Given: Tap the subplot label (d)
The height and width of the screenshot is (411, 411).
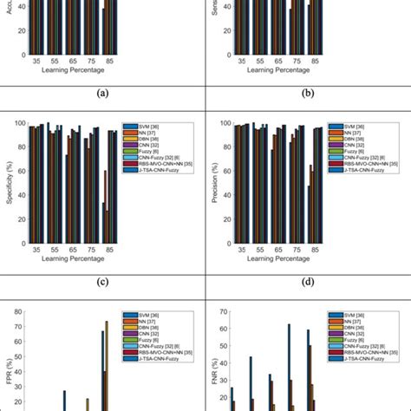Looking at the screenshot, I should point(307,281).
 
